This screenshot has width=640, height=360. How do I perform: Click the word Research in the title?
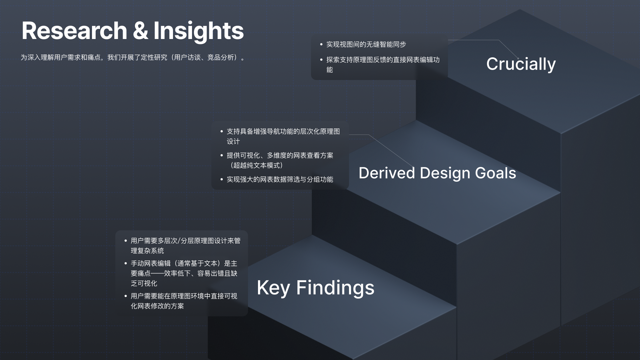74,31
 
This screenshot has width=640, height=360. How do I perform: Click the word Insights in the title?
199,31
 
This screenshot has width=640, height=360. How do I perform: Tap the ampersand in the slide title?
140,31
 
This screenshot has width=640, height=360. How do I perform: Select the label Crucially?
521,64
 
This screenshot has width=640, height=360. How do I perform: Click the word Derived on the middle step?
387,173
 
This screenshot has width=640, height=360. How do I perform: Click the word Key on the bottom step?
273,288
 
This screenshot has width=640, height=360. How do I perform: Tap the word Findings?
335,288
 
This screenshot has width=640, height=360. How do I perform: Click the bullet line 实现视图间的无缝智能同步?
366,44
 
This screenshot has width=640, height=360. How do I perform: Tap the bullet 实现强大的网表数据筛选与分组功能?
280,179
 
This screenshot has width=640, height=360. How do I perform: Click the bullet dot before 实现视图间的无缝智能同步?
321,44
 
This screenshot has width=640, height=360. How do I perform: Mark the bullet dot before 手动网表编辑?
126,263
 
